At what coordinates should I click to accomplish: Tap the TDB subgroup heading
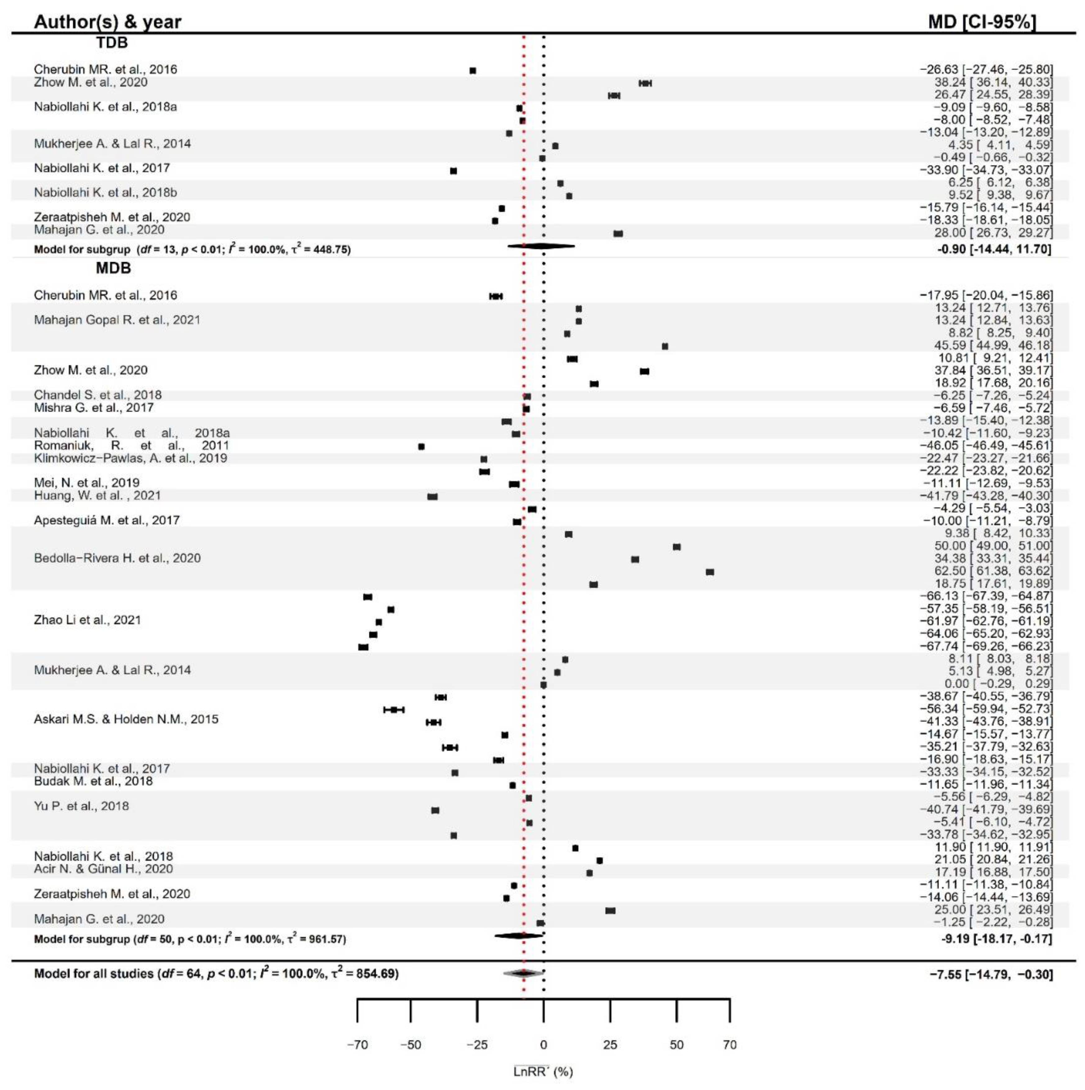coord(112,43)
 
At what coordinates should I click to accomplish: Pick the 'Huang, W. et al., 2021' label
coord(97,495)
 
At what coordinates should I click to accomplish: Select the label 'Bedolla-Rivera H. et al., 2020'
coord(117,558)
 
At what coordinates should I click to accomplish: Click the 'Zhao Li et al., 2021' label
coord(87,620)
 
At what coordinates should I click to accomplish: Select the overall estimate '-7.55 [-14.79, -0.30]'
coord(991,974)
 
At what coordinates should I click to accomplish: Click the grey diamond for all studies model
coord(523,973)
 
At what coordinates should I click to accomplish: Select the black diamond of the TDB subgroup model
coord(541,246)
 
